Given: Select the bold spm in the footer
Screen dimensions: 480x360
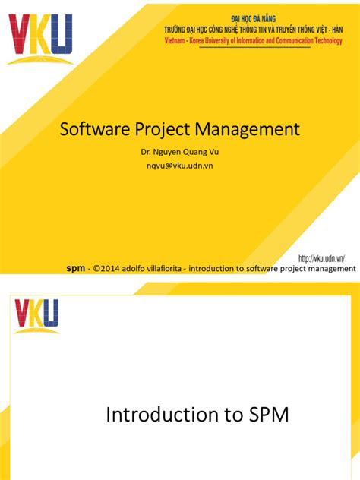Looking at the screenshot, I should (x=75, y=268).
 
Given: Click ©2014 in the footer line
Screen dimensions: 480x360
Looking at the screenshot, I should (x=106, y=268).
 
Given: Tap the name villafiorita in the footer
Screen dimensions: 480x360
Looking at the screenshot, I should (x=163, y=268).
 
